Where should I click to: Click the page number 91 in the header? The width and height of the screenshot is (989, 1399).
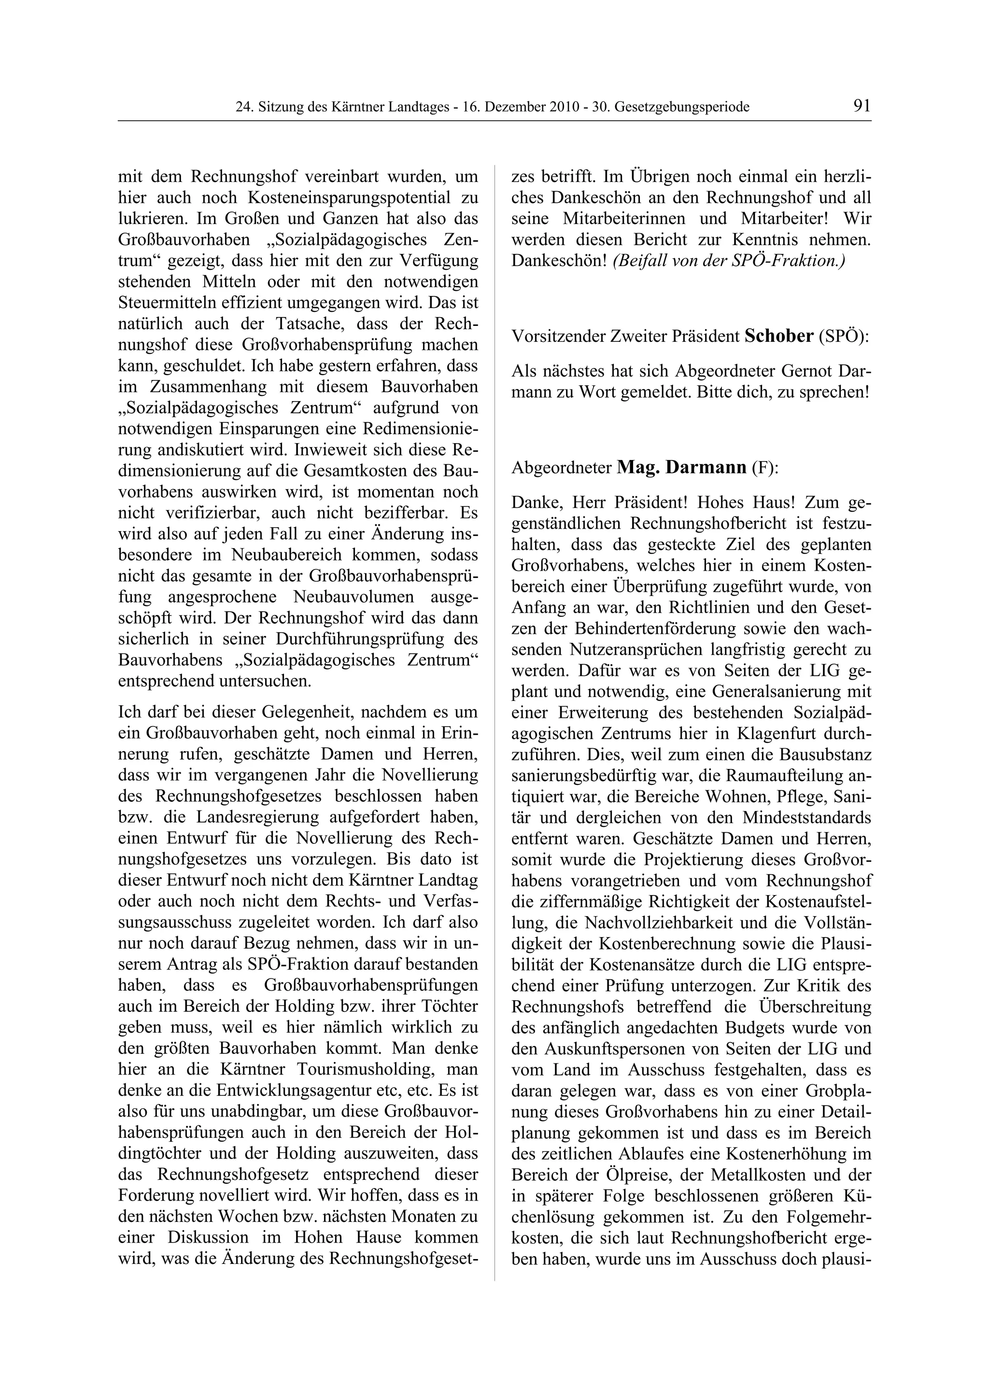pyautogui.click(x=862, y=106)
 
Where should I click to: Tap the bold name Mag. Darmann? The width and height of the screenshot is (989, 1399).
pyautogui.click(x=681, y=467)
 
